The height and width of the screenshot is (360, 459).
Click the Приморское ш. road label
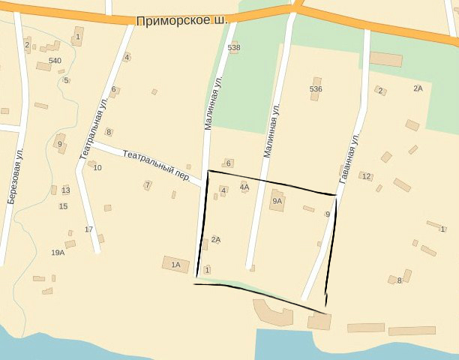(x=182, y=21)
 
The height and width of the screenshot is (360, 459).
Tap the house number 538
(x=234, y=47)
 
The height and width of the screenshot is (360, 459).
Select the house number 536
(x=316, y=89)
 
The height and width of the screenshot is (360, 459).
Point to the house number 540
(x=55, y=60)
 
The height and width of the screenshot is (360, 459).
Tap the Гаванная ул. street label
(x=350, y=159)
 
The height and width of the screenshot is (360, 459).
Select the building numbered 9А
(x=277, y=201)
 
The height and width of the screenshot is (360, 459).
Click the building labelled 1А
(x=176, y=264)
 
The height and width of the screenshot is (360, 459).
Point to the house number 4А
(x=244, y=187)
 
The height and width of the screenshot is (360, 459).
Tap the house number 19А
(x=58, y=253)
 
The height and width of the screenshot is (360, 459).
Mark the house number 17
(x=88, y=229)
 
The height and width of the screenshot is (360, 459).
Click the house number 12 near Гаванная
(x=366, y=177)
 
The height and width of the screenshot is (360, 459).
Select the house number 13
(x=66, y=190)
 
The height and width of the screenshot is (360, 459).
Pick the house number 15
(x=63, y=206)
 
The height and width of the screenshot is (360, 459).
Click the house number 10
(x=97, y=167)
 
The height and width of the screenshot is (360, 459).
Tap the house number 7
(x=148, y=184)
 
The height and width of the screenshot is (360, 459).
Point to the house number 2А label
(x=418, y=88)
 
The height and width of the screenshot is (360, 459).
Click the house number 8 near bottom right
(x=400, y=280)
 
